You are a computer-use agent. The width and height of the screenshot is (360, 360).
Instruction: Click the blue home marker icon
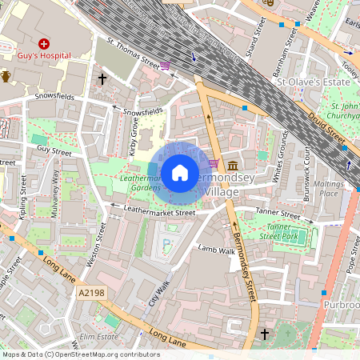tap(180, 172)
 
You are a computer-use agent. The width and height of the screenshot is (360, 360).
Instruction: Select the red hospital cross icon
tap(44, 42)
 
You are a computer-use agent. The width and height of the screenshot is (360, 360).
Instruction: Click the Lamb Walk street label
tap(216, 250)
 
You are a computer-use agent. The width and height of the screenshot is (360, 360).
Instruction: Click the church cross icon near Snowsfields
tap(102, 79)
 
